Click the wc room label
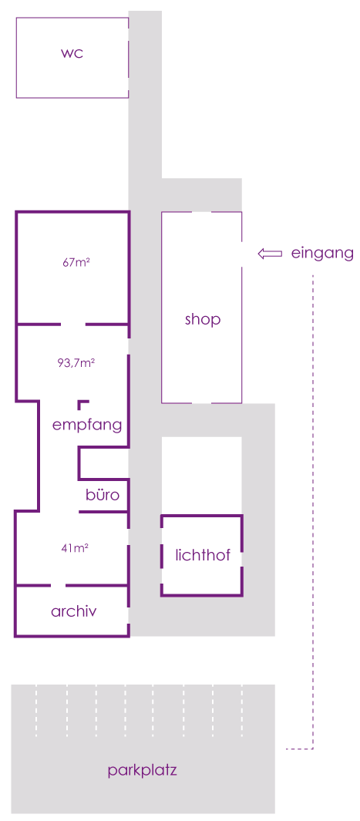pos(72,53)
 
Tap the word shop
pos(203,320)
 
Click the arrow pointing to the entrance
pos(270,254)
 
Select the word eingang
pos(322,254)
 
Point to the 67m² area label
pos(76,264)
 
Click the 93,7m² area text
pos(76,362)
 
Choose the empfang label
pos(87,426)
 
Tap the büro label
pos(103,495)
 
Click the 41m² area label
pos(74,549)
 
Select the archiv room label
pos(74,611)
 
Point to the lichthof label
pos(203,556)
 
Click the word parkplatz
pos(143,771)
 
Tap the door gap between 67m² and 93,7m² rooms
pos(73,325)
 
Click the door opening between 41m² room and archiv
pos(58,585)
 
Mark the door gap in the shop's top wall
pos(202,212)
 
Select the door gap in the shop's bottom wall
pos(202,403)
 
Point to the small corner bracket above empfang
pos(82,404)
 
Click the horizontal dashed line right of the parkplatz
pos(299,749)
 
